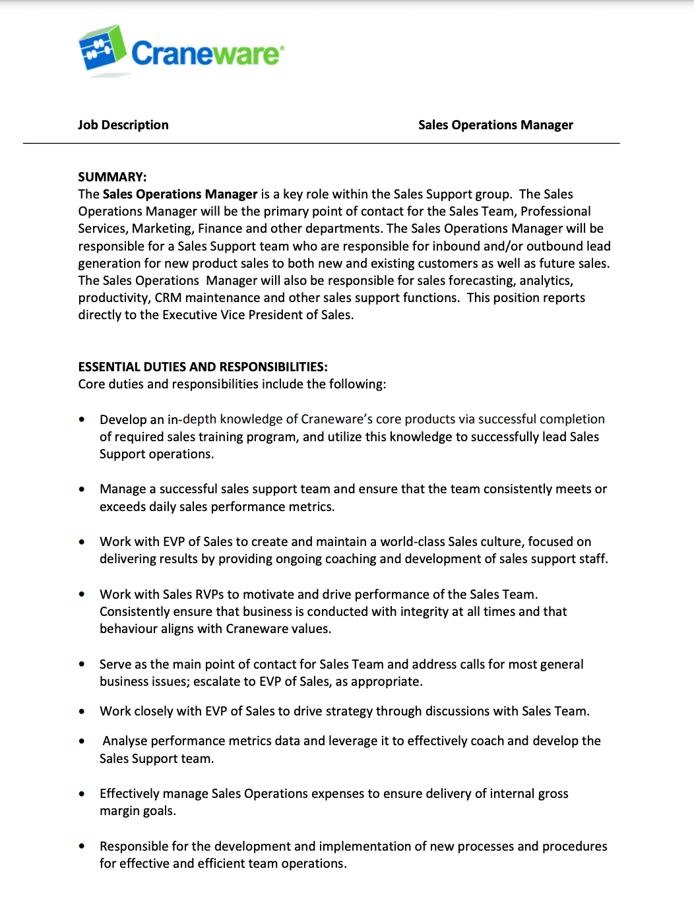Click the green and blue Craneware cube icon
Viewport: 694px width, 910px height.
tap(102, 49)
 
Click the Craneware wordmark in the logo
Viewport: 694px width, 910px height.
tap(207, 53)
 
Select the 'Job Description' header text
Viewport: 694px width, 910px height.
tap(123, 125)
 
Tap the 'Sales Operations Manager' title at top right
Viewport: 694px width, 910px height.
tap(495, 125)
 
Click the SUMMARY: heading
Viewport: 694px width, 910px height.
tap(112, 177)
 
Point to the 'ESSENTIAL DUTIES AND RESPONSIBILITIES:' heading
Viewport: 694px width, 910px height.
tap(203, 367)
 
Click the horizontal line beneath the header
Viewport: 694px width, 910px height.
tap(321, 143)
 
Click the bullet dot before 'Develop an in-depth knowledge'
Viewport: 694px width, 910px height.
tap(82, 419)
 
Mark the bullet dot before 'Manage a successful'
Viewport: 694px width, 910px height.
tap(82, 489)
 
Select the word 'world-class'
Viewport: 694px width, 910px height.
tap(412, 542)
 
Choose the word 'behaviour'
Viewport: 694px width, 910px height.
tap(128, 629)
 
